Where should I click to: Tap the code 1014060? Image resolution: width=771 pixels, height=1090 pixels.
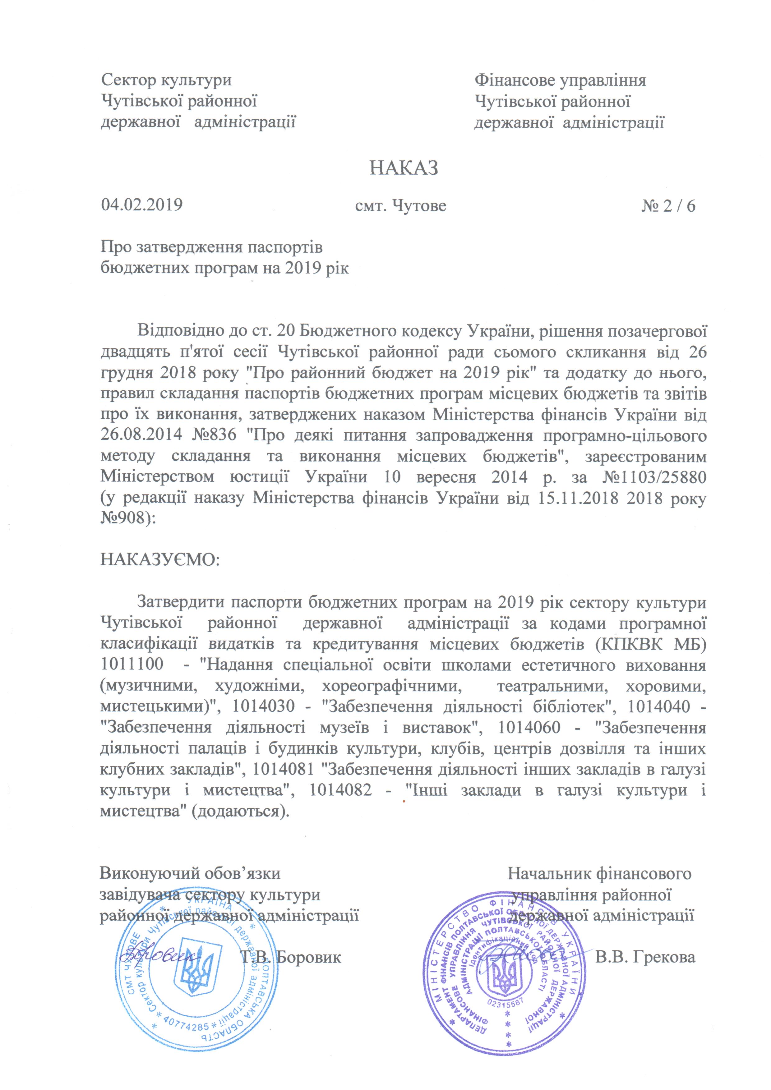click(x=529, y=727)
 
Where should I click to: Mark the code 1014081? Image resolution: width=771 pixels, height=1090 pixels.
click(x=283, y=769)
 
